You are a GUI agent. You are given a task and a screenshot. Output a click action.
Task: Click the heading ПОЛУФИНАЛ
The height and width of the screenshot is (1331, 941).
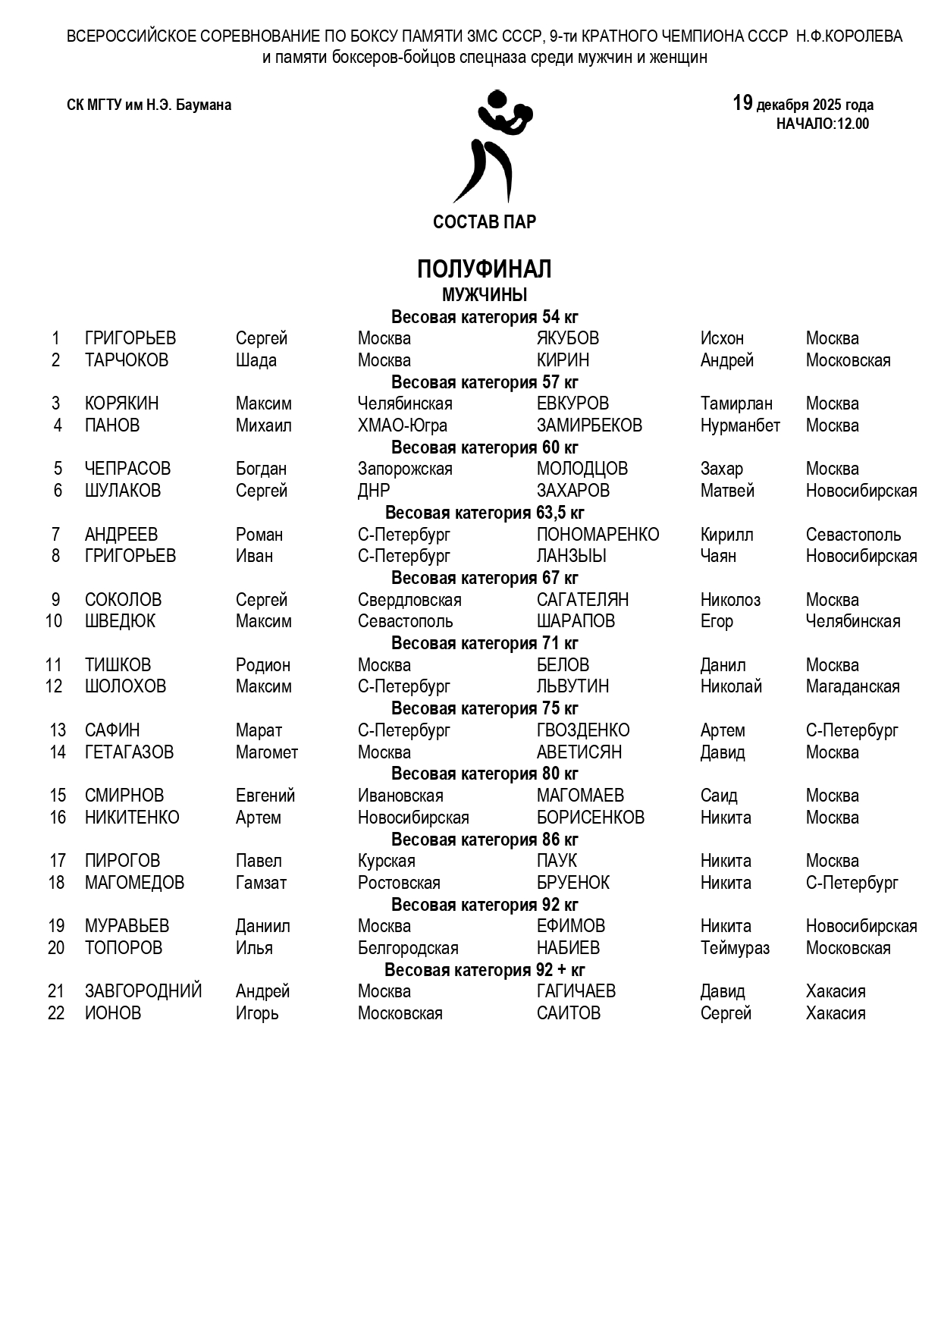[484, 269]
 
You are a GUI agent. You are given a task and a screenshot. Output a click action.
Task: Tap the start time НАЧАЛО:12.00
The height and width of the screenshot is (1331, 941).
[822, 124]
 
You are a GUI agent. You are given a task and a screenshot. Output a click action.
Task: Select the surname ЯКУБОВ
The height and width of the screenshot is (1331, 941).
[567, 338]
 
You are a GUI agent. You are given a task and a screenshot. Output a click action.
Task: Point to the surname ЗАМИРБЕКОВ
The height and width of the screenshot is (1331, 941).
[589, 425]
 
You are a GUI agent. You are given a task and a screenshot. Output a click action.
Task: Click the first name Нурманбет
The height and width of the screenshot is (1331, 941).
[739, 425]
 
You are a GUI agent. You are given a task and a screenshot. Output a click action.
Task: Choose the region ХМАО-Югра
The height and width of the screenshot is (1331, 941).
[402, 425]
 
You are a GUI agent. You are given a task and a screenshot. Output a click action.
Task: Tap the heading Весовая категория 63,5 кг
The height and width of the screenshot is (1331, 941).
[485, 513]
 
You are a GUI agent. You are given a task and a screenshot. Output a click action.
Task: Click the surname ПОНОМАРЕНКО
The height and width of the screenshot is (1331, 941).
[598, 535]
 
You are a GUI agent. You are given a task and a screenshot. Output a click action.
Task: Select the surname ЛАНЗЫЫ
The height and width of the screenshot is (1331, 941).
[571, 556]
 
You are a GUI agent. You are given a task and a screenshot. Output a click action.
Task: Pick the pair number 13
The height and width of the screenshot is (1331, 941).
[58, 730]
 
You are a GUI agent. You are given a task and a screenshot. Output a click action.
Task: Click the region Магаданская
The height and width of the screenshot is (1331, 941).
[852, 686]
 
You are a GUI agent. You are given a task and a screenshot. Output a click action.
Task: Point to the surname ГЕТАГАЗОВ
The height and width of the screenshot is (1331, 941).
[129, 752]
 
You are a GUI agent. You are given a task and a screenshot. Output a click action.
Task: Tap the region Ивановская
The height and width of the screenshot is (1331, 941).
[400, 796]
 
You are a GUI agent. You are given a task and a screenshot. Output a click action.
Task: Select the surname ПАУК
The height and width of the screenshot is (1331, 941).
[557, 861]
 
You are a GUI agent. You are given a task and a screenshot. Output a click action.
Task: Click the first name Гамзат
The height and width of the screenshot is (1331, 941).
[261, 883]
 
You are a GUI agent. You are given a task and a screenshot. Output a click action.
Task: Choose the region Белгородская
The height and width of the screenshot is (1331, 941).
[407, 948]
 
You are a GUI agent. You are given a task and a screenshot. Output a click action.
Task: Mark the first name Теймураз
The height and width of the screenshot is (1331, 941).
[734, 948]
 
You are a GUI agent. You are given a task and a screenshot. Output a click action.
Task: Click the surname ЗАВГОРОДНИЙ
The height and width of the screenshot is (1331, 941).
[143, 991]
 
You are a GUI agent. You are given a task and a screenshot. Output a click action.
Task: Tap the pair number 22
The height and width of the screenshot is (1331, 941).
[56, 1013]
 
